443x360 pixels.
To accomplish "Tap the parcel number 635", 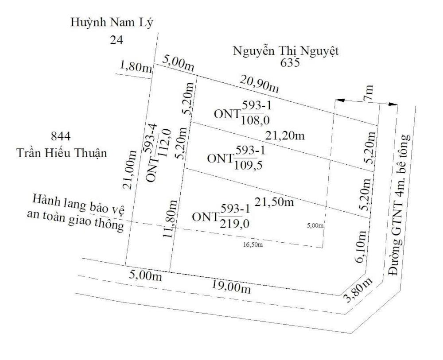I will tap(291, 62).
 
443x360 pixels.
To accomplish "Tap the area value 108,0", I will tap(255, 120).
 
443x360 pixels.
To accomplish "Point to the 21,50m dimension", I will tap(275, 202).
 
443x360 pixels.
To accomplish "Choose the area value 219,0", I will tap(234, 224).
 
